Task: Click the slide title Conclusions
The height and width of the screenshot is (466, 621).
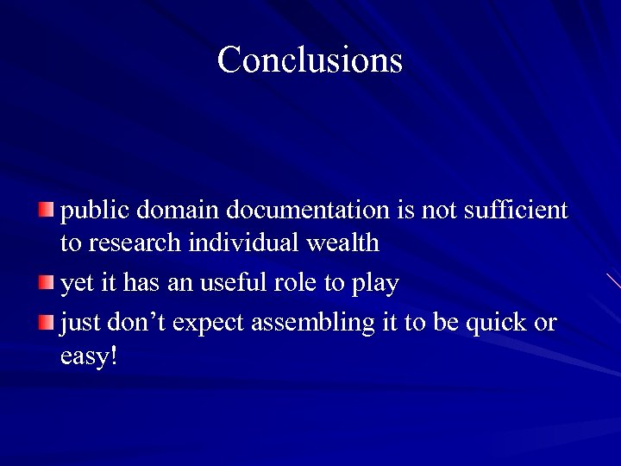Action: pyautogui.click(x=310, y=60)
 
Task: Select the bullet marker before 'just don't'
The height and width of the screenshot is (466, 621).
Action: pyautogui.click(x=47, y=321)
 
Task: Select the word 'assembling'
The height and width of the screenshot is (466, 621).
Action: pyautogui.click(x=312, y=324)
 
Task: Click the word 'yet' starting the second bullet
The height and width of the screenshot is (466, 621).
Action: pyautogui.click(x=75, y=283)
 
